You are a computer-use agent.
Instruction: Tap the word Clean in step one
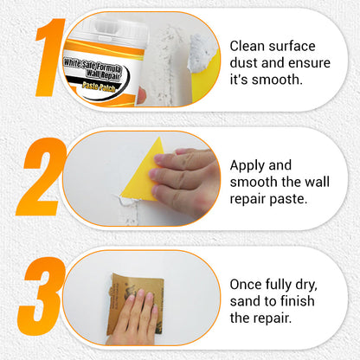coord(247,45)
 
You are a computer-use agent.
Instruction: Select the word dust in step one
coord(246,62)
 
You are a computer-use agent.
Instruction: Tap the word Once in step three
coord(247,283)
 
